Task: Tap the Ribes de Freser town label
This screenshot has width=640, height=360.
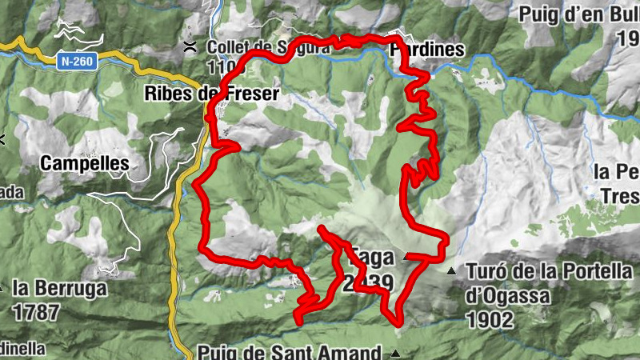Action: click(x=211, y=94)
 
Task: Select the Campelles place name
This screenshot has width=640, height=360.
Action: click(x=84, y=164)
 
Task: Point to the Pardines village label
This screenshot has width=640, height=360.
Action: click(x=426, y=50)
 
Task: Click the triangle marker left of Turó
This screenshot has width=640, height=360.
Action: click(x=452, y=272)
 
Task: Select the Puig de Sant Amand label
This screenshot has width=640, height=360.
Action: click(x=290, y=353)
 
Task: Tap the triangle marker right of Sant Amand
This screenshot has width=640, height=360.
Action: click(x=395, y=353)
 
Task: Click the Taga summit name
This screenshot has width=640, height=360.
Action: click(x=369, y=258)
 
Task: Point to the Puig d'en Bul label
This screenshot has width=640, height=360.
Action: click(x=578, y=14)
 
